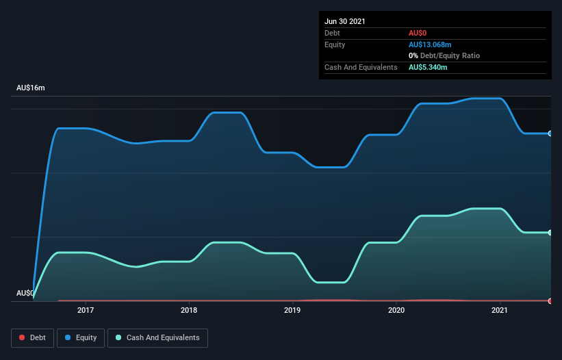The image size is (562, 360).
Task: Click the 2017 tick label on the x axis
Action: pyautogui.click(x=86, y=311)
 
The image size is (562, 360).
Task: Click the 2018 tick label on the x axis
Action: pyautogui.click(x=189, y=311)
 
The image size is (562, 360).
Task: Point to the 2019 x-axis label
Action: pyautogui.click(x=292, y=311)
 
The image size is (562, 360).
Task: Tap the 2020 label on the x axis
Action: pyautogui.click(x=396, y=311)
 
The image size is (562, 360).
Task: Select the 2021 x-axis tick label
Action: pyautogui.click(x=500, y=311)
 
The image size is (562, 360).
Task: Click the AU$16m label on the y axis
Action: pyautogui.click(x=31, y=88)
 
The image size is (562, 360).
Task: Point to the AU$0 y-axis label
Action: pyautogui.click(x=25, y=293)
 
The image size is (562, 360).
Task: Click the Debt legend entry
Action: pyautogui.click(x=32, y=337)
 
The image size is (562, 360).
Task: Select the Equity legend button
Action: pyautogui.click(x=81, y=337)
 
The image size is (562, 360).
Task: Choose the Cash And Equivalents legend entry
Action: pyautogui.click(x=157, y=337)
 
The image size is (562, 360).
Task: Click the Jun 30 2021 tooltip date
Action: pyautogui.click(x=345, y=21)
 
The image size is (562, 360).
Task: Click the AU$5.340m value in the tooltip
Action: pyautogui.click(x=428, y=67)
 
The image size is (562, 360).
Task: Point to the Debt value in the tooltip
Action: pyautogui.click(x=418, y=33)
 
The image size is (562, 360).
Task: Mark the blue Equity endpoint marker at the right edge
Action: pyautogui.click(x=550, y=133)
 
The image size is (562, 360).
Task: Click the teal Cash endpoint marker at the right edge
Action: pyautogui.click(x=550, y=233)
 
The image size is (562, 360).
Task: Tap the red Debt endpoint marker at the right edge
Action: pyautogui.click(x=550, y=301)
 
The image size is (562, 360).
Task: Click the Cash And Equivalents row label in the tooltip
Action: pyautogui.click(x=361, y=67)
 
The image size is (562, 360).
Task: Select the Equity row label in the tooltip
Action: pyautogui.click(x=335, y=44)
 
